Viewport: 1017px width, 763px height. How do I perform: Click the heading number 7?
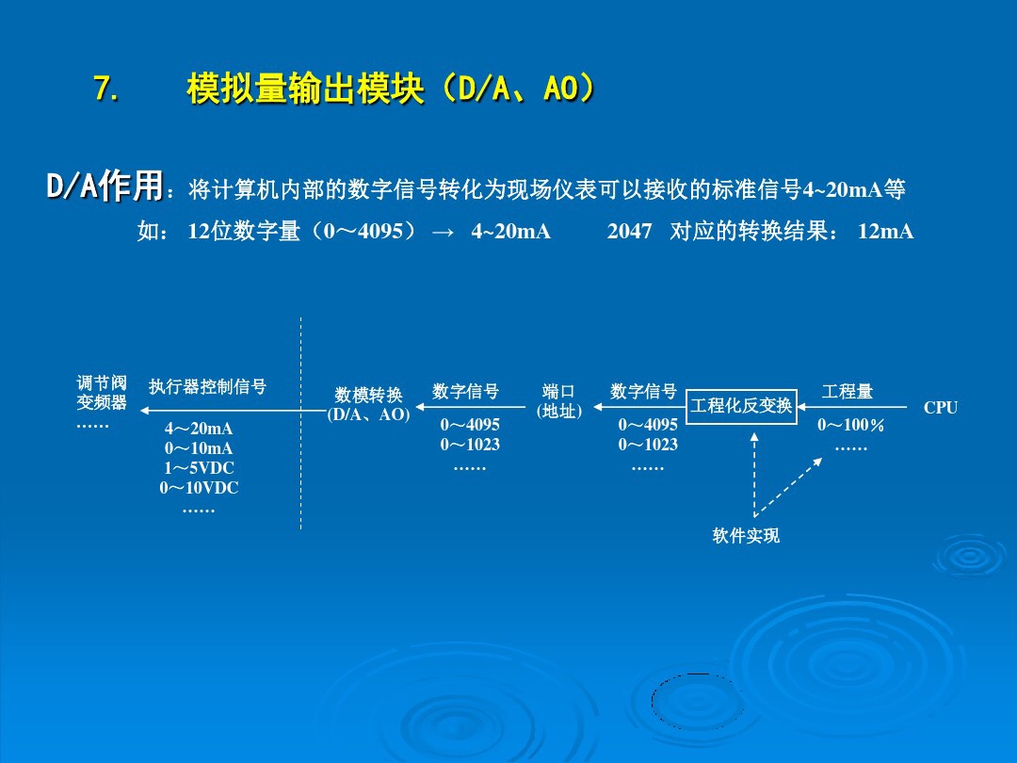[x=105, y=90]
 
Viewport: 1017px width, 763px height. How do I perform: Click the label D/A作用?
[x=105, y=187]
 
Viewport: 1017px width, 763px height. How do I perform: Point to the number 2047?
[x=629, y=232]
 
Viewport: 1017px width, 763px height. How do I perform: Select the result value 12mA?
[x=885, y=232]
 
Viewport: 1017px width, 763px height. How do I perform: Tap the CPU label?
[x=940, y=408]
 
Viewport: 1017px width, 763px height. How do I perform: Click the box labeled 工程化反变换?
[x=741, y=406]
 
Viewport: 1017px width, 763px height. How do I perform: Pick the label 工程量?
[x=847, y=391]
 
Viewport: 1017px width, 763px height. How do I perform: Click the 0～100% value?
[x=850, y=426]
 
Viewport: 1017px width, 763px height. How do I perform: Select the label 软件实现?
[x=746, y=536]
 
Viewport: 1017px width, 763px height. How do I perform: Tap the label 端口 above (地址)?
[x=558, y=392]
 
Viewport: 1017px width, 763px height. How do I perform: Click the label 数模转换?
[x=368, y=396]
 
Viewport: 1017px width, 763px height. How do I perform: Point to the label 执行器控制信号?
[x=207, y=387]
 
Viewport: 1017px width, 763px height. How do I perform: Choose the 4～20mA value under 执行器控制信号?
[x=199, y=430]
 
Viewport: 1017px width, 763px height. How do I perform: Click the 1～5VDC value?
[x=199, y=468]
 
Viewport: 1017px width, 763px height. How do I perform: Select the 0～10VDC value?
[x=199, y=488]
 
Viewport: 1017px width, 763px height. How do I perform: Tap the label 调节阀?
[x=102, y=383]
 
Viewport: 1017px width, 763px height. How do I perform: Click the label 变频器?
[x=102, y=403]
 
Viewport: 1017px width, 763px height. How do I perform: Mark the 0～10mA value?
[x=199, y=448]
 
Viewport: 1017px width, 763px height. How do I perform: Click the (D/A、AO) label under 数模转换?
[x=368, y=414]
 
